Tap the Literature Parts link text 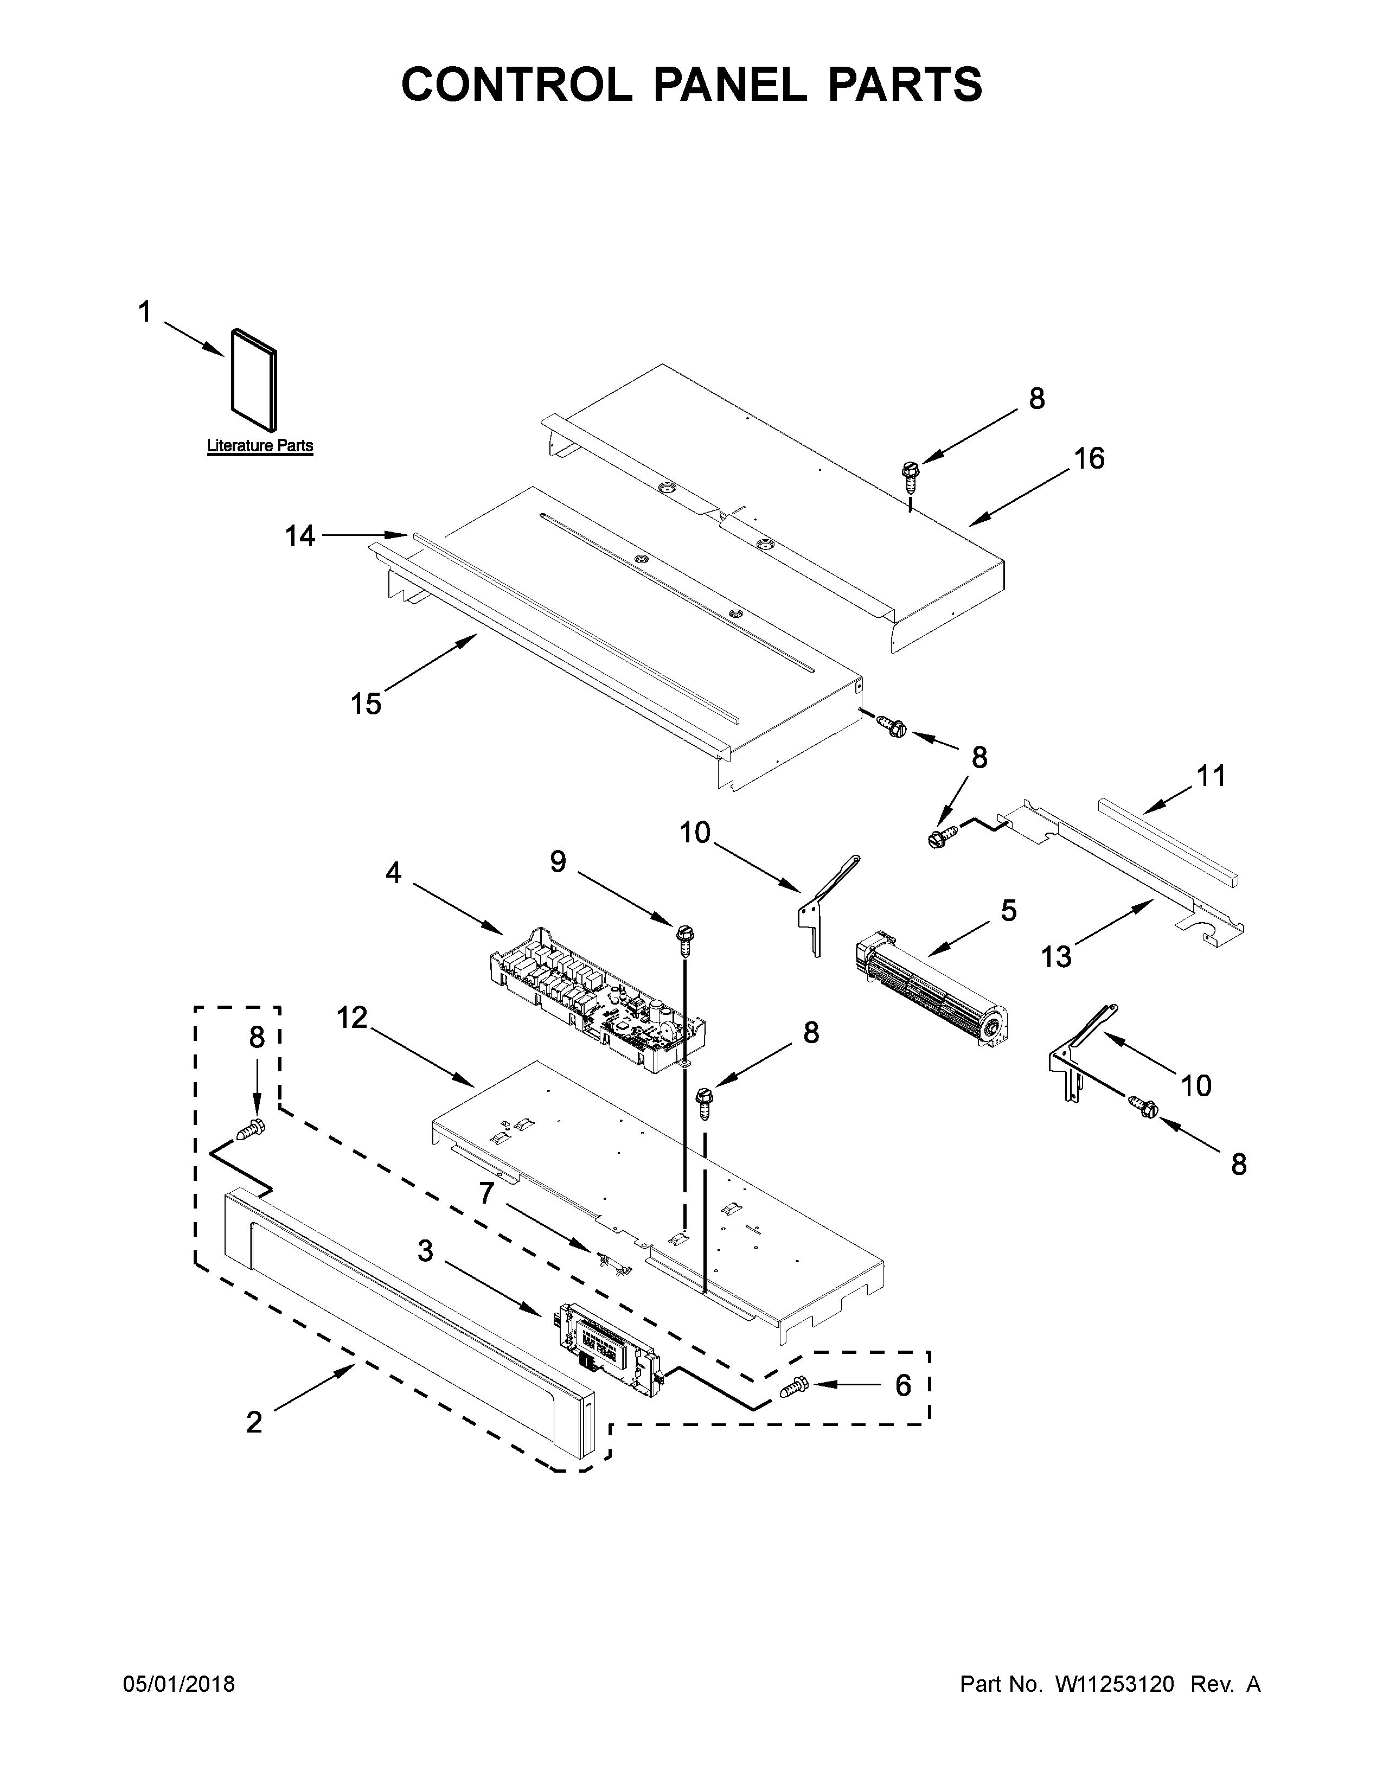tap(260, 446)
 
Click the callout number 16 tap(1089, 459)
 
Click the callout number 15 tap(366, 703)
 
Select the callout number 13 tap(1056, 956)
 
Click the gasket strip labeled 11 tap(1168, 840)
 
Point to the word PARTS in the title tap(905, 85)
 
